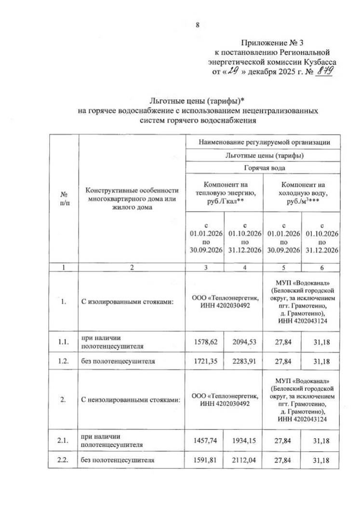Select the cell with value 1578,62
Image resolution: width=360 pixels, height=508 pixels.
[205, 341]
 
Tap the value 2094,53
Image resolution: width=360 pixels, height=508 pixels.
[243, 341]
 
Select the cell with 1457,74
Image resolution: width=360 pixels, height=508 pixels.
[205, 441]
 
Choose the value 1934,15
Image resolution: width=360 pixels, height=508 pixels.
[243, 441]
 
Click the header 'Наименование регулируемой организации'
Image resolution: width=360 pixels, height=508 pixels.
[264, 142]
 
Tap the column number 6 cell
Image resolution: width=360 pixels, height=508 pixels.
[321, 268]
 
